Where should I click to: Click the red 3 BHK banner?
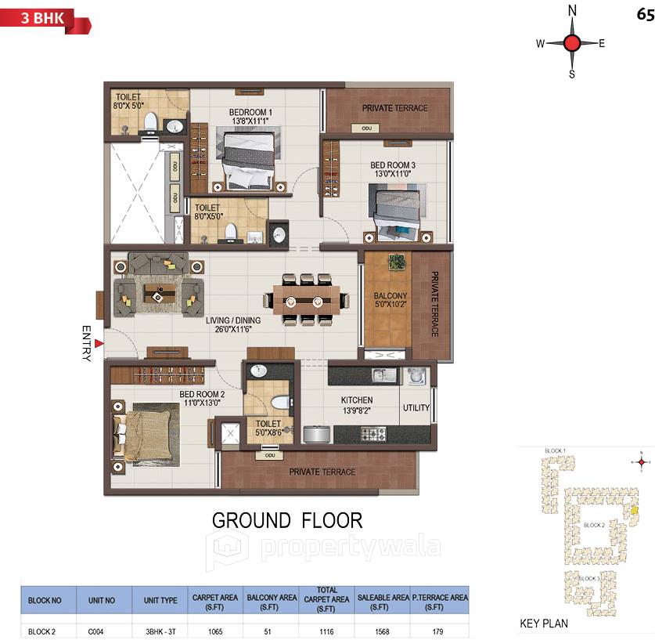[44, 19]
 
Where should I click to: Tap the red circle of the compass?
[572, 43]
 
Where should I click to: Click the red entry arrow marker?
[99, 342]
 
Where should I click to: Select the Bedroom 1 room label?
[250, 117]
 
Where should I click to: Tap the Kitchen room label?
[356, 405]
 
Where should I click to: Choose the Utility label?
[416, 408]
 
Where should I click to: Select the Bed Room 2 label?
[202, 398]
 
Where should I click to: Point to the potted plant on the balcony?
[399, 262]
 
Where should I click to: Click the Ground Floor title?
[287, 520]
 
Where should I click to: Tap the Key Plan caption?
[544, 624]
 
